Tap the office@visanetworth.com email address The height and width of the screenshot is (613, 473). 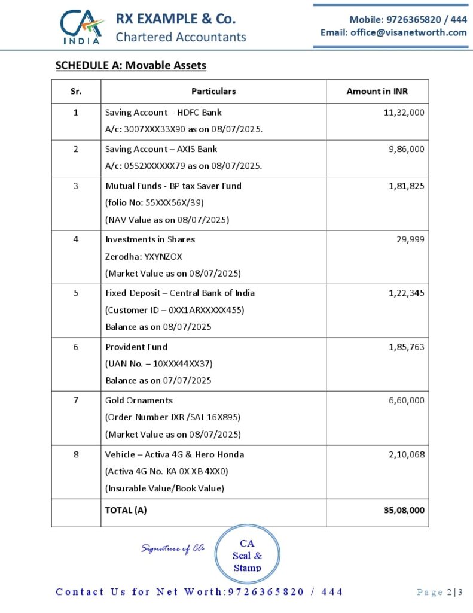393,32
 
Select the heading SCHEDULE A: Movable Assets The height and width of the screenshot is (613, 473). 130,65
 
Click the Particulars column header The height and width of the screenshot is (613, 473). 213,92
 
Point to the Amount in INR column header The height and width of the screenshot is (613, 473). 377,92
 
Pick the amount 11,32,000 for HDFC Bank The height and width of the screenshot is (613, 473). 404,112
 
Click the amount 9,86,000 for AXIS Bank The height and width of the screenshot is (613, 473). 407,149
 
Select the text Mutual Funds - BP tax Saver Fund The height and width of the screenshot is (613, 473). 173,186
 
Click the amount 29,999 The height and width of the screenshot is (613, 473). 411,239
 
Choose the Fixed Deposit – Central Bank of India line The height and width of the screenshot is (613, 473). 180,293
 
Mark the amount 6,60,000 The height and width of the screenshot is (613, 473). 407,400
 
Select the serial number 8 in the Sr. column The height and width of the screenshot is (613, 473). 76,454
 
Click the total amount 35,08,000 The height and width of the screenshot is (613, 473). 404,511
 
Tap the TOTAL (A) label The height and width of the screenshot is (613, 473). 126,511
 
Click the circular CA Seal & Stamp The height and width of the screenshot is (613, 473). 247,554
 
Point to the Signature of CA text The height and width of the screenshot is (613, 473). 173,548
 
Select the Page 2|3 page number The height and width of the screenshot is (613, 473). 440,592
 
